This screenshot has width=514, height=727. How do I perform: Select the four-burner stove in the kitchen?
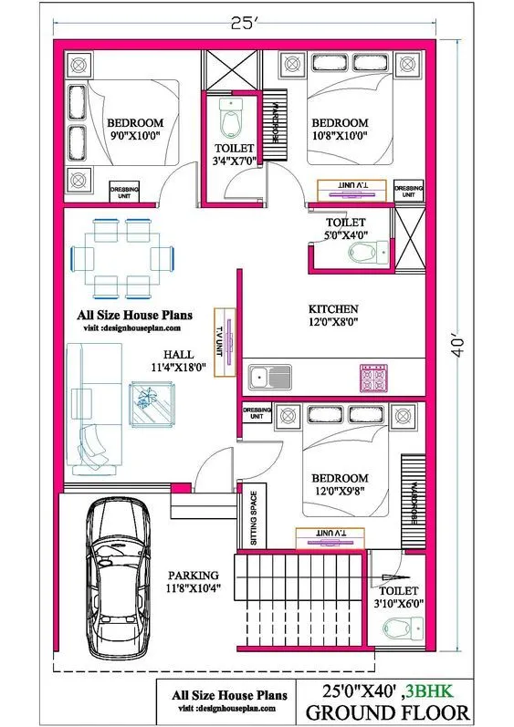coord(374,377)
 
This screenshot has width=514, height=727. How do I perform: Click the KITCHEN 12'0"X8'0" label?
coord(332,315)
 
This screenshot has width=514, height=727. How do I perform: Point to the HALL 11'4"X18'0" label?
coord(178,360)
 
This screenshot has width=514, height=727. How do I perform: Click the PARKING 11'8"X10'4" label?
coord(193,582)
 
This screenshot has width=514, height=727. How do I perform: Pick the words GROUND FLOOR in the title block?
coord(387,712)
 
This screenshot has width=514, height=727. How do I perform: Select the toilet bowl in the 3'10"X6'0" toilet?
coord(396,629)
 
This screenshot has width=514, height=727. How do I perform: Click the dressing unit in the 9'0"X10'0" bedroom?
coord(125,191)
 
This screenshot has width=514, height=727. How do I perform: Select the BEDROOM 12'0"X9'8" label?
coord(340,484)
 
